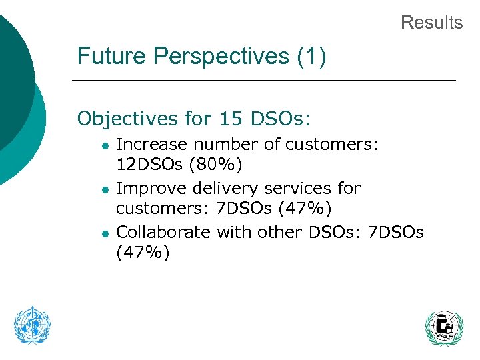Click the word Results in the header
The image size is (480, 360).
(x=431, y=23)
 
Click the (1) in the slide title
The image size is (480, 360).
(x=312, y=56)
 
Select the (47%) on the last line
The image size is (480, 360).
(x=143, y=253)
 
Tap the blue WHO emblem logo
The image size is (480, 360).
(x=33, y=325)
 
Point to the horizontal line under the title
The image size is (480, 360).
(x=263, y=81)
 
